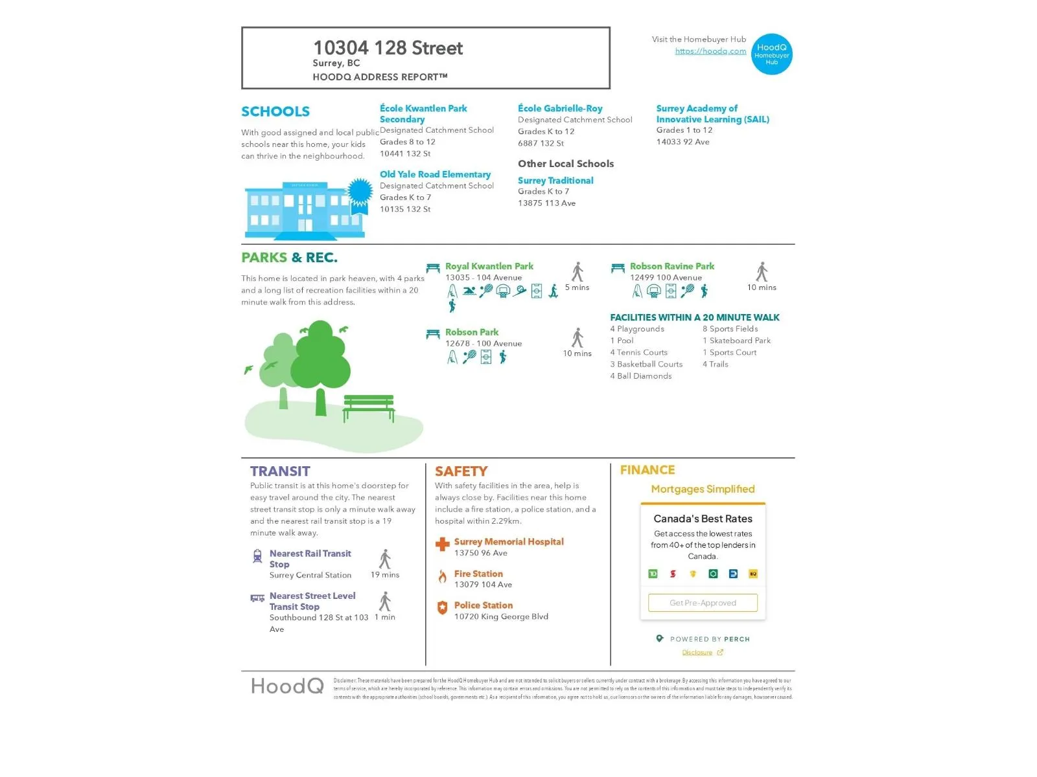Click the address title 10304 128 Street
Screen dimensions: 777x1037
tap(388, 48)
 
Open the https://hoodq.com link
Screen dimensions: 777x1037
tap(710, 51)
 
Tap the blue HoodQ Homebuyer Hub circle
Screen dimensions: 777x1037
tap(771, 54)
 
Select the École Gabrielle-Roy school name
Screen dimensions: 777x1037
tap(560, 109)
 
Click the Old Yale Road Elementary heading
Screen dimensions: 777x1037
tap(435, 175)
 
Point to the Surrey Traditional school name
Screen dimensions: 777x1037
tap(555, 181)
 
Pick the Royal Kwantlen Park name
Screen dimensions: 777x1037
tap(489, 266)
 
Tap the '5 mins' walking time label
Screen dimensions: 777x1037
tap(577, 287)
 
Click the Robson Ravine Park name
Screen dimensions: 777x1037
tap(671, 266)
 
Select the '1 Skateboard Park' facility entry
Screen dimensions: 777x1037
tap(736, 341)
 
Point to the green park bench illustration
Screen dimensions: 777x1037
tap(368, 407)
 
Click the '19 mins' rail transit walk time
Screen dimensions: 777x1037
tap(385, 575)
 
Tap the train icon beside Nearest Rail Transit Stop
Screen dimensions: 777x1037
tap(257, 556)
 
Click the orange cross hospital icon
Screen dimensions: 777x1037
tap(443, 545)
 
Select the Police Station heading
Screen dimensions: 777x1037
tap(483, 605)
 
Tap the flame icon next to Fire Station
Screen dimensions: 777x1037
tap(443, 576)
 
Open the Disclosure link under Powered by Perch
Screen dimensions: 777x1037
tap(697, 653)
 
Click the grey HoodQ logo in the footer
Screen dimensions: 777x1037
tap(287, 686)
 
